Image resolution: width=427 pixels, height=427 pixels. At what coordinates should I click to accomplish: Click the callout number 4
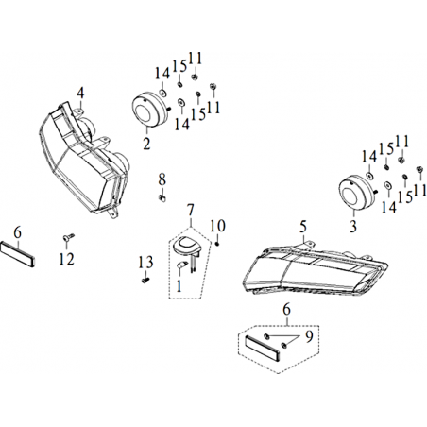80,94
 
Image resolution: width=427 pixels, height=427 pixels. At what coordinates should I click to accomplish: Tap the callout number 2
146,144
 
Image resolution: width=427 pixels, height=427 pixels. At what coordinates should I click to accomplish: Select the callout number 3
353,226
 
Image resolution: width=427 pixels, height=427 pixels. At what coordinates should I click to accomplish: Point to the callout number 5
303,227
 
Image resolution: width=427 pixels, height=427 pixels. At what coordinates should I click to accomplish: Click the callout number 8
162,179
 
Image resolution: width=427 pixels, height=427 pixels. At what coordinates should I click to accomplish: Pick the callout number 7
191,210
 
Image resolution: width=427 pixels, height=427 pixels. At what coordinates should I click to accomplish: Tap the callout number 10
217,226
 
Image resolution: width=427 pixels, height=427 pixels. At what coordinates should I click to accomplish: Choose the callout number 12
67,259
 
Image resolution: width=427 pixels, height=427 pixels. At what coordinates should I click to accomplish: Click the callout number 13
146,262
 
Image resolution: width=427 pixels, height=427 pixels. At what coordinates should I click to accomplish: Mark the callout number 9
309,336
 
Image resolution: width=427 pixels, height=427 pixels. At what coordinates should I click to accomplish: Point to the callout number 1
179,286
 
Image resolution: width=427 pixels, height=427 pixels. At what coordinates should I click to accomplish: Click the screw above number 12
68,237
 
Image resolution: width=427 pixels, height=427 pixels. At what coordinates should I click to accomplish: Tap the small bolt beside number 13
145,280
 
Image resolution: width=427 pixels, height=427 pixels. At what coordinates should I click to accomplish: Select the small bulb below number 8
162,198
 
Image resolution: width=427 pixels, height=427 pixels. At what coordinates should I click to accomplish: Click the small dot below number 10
217,244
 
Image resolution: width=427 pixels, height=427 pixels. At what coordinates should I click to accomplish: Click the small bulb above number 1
181,265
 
